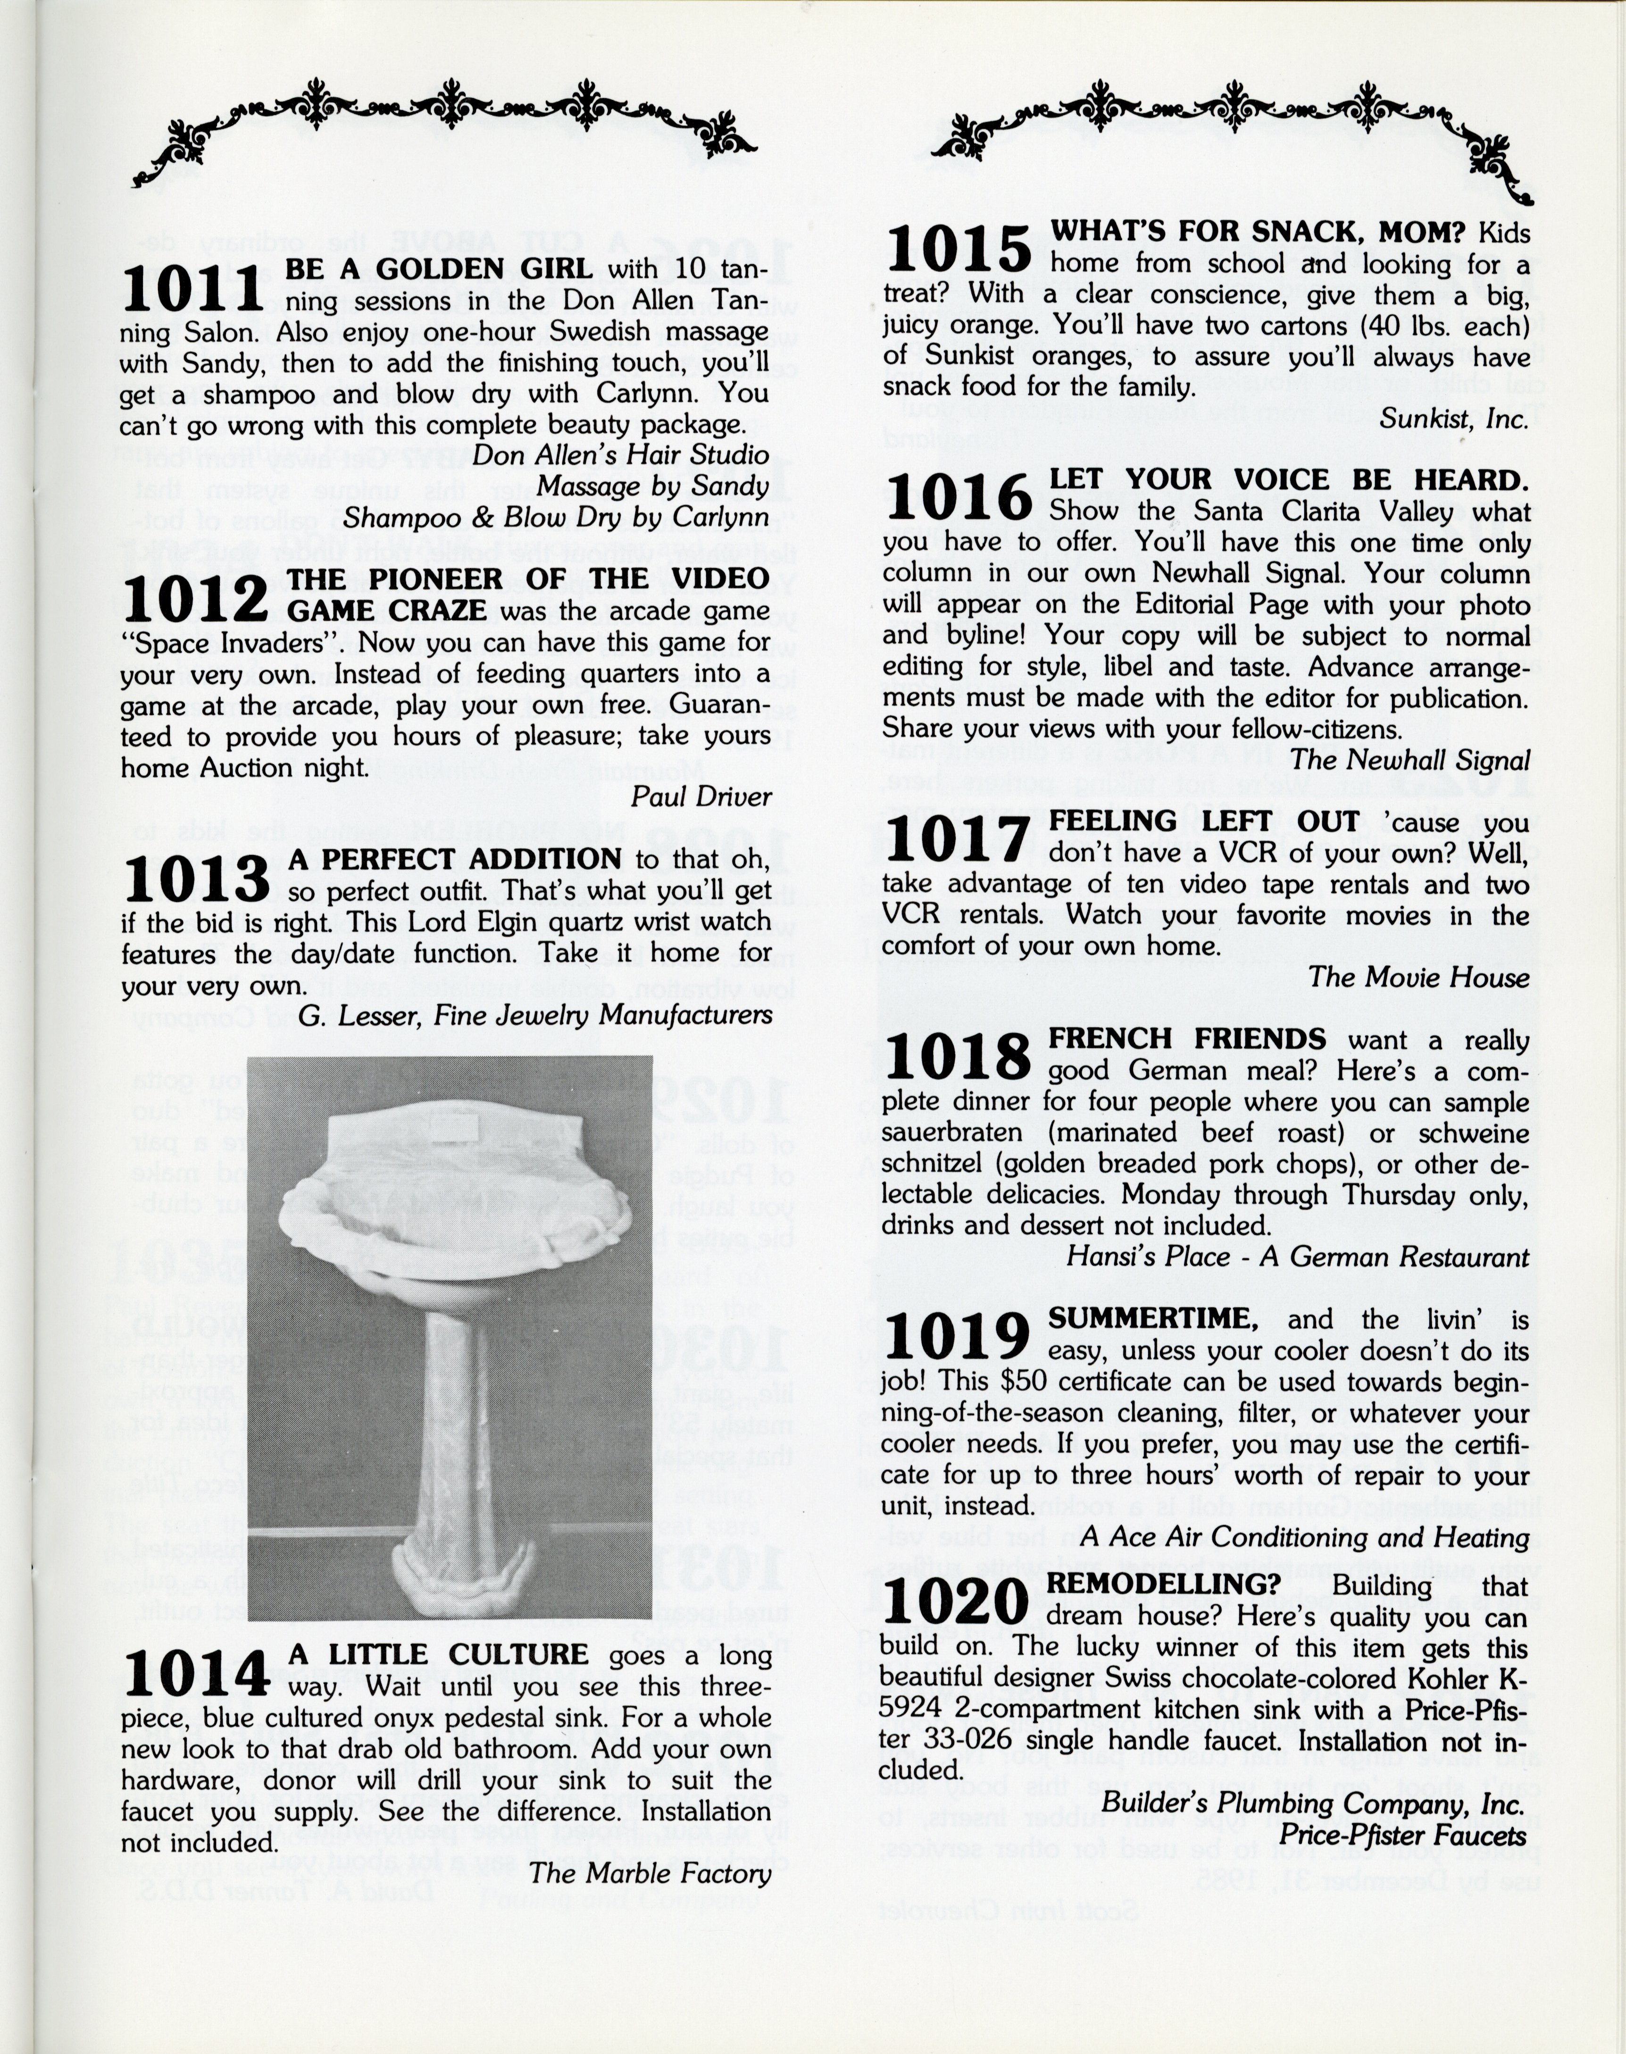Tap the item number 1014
[x=195, y=1673]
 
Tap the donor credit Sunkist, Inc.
[x=1454, y=418]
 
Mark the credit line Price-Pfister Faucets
[x=1401, y=1835]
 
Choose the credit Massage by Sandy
[x=651, y=486]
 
